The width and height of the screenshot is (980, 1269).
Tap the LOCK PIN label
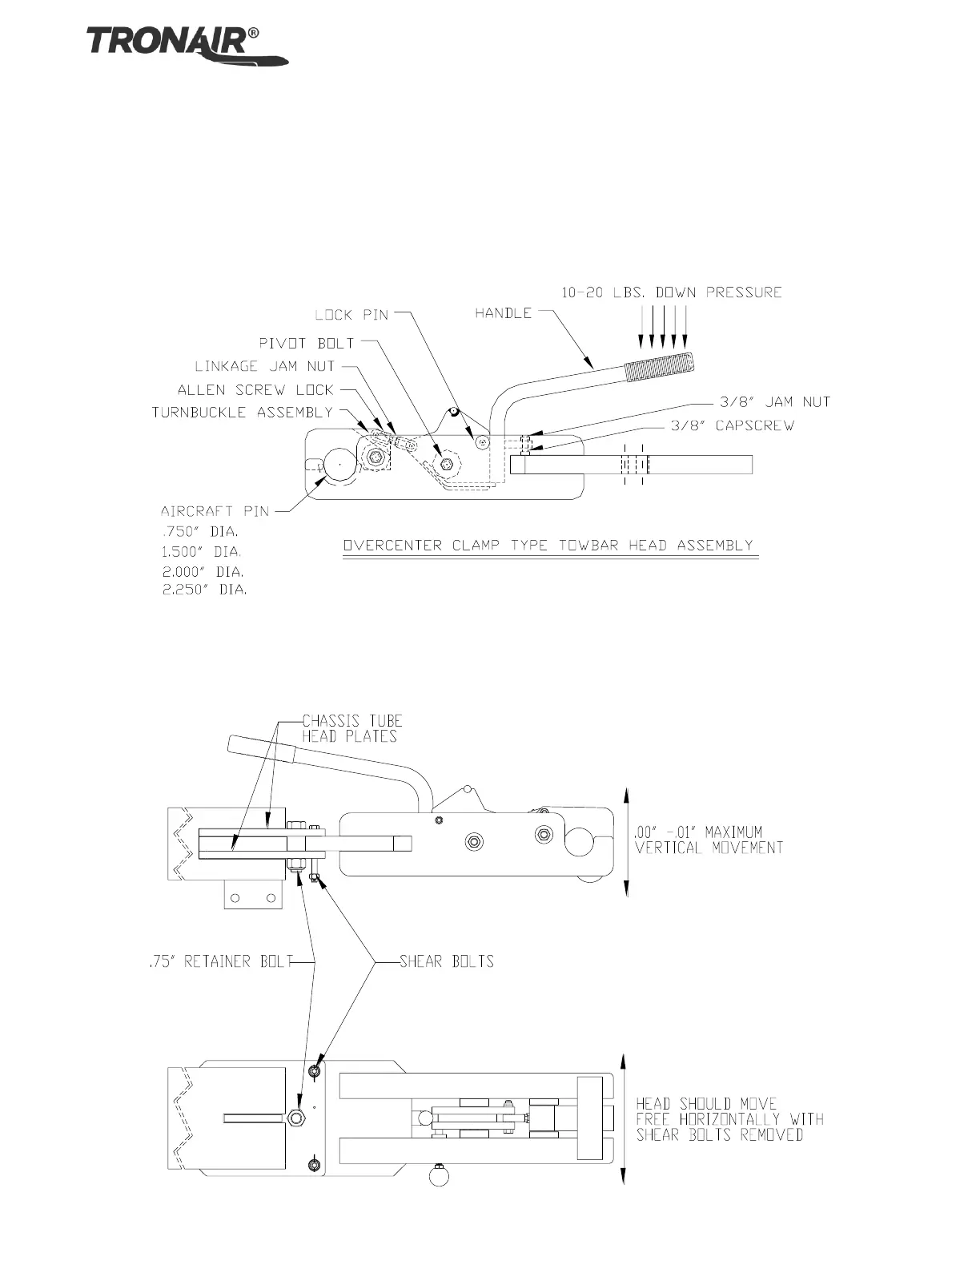(351, 315)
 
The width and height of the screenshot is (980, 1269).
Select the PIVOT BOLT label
(306, 343)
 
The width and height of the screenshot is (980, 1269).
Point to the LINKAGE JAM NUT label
(264, 366)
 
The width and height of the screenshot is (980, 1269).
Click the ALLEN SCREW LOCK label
(255, 390)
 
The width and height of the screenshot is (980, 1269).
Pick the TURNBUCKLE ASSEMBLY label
(242, 413)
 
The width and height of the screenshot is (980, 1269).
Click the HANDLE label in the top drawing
(503, 313)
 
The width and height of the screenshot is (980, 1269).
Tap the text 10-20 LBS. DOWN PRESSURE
(671, 292)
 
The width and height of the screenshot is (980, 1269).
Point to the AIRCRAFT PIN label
(215, 510)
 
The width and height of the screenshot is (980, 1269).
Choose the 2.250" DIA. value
(204, 590)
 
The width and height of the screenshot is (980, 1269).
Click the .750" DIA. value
(199, 531)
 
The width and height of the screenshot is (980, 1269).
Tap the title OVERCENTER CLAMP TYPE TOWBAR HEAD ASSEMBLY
(548, 546)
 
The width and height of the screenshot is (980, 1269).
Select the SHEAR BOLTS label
(446, 961)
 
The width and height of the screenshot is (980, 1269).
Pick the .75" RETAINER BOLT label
(221, 961)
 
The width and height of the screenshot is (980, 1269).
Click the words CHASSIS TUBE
(351, 721)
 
